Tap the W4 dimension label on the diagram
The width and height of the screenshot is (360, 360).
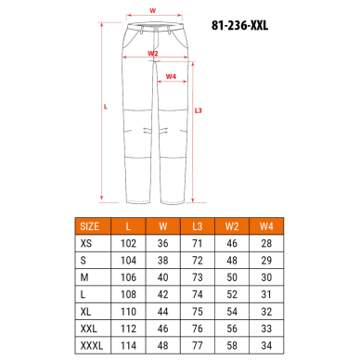click(x=171, y=77)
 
